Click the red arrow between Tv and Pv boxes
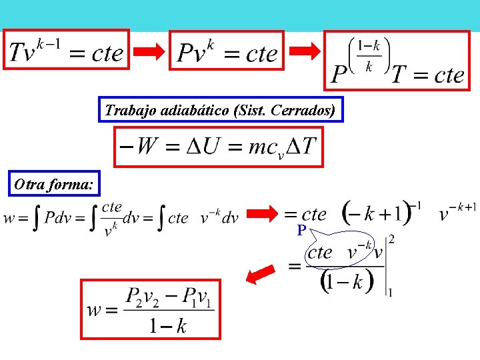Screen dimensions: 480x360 [x=149, y=51]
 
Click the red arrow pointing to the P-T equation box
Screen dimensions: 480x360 [x=305, y=51]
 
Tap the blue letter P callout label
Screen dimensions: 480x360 [x=301, y=230]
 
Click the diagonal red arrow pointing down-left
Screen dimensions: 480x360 [x=261, y=274]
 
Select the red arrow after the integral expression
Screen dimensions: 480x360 [x=262, y=213]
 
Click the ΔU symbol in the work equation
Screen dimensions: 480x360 [x=203, y=146]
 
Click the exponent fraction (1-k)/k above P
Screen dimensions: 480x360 [x=369, y=56]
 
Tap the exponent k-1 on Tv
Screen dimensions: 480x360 [x=49, y=45]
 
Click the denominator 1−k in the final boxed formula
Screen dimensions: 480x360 [x=168, y=325]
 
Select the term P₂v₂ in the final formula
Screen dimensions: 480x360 [x=143, y=297]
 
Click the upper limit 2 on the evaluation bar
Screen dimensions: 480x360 [x=391, y=239]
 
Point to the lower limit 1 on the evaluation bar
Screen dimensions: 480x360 [x=390, y=293]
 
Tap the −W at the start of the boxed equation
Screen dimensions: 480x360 [x=139, y=146]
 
